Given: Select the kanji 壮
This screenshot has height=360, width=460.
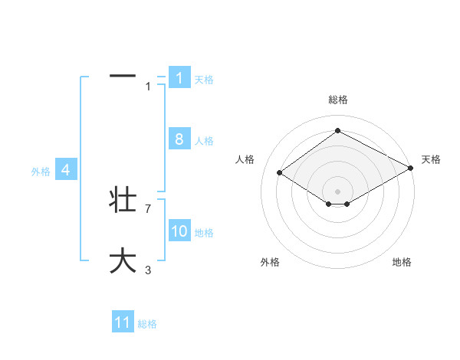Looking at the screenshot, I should point(123,200).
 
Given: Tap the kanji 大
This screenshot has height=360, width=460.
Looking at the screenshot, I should point(123,260).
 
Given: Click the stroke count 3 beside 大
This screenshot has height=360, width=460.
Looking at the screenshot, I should point(148,269).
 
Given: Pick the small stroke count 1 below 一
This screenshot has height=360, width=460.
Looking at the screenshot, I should point(148,87).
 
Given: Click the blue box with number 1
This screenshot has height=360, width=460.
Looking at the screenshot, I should point(179,78).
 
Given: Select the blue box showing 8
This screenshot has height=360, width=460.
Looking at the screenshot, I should point(179,139).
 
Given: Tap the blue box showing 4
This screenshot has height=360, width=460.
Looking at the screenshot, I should point(66,170).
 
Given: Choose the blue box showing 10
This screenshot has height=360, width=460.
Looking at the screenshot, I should point(179,231).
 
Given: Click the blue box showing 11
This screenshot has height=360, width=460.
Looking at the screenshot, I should point(123,322).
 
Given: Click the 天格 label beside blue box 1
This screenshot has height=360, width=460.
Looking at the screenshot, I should point(204,79).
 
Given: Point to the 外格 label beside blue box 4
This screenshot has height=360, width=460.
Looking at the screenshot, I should point(41,172).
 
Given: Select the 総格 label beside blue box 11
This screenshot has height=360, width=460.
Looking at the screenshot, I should point(147,324).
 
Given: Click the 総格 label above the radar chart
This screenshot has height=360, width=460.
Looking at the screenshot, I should point(337,100).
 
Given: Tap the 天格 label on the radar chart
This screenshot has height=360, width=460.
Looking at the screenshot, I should point(431,159).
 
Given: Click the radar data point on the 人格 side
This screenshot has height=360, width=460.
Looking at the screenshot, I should point(280,173).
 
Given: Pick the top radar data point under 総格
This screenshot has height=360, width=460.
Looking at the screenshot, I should point(337,130).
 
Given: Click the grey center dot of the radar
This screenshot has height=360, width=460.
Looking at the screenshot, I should point(337,191).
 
